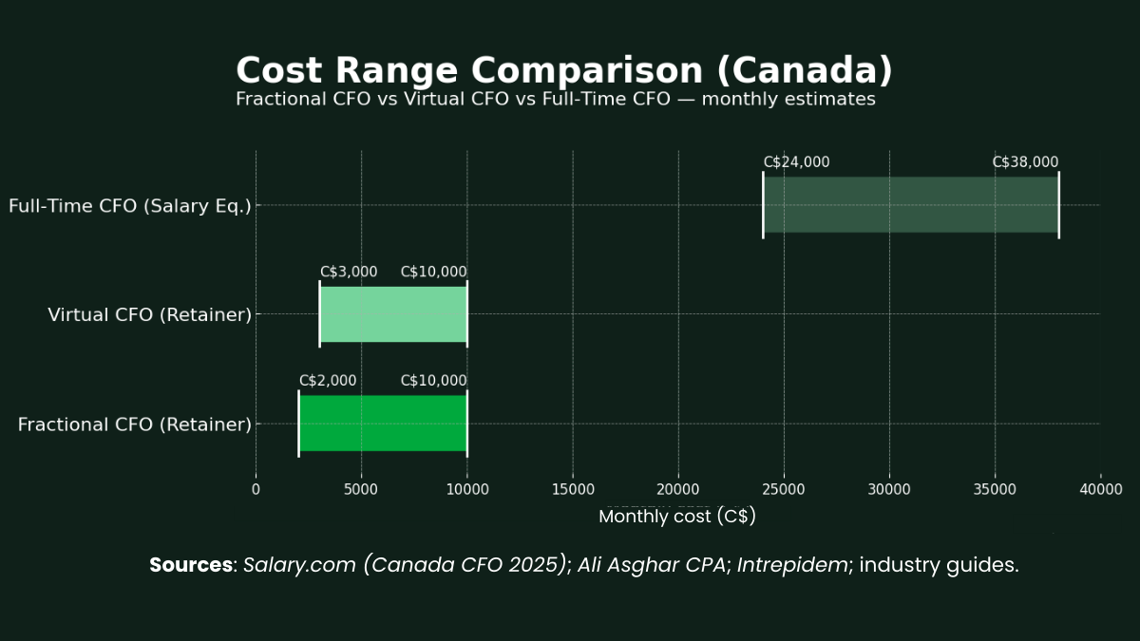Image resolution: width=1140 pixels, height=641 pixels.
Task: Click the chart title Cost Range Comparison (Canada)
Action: pyautogui.click(x=564, y=71)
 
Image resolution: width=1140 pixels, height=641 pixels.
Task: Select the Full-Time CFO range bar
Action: pyautogui.click(x=910, y=204)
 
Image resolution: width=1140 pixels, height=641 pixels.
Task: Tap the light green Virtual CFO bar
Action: pyautogui.click(x=393, y=314)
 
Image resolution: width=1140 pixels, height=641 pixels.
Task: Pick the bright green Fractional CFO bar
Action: pyautogui.click(x=383, y=424)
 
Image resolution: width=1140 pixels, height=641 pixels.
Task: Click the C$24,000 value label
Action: pyautogui.click(x=796, y=162)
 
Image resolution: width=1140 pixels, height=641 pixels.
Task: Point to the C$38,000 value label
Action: pyautogui.click(x=1025, y=162)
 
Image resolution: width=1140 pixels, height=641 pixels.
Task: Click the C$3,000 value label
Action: pyautogui.click(x=349, y=272)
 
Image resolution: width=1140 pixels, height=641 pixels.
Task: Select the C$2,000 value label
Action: pyautogui.click(x=328, y=381)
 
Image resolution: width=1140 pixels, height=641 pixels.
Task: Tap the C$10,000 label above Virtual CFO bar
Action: pyautogui.click(x=433, y=272)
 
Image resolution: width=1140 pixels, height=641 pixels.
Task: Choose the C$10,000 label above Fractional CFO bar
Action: pyautogui.click(x=433, y=381)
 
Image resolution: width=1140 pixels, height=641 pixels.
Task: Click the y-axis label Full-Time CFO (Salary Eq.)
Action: pyautogui.click(x=130, y=205)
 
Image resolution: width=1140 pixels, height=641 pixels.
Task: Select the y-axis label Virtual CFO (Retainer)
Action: pyautogui.click(x=149, y=315)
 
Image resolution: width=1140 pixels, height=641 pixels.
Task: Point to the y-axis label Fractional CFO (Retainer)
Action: pyautogui.click(x=134, y=424)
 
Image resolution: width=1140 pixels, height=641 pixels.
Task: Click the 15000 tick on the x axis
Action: pyautogui.click(x=572, y=489)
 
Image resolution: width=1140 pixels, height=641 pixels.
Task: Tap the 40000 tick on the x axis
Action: pyautogui.click(x=1100, y=489)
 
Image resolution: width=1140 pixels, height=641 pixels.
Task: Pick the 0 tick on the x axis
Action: pyautogui.click(x=256, y=489)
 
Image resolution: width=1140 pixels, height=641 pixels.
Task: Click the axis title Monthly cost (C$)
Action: pyautogui.click(x=677, y=518)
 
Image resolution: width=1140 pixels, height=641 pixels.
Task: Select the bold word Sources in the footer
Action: pyautogui.click(x=190, y=565)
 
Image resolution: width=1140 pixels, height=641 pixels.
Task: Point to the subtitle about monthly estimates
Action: pyautogui.click(x=556, y=99)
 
